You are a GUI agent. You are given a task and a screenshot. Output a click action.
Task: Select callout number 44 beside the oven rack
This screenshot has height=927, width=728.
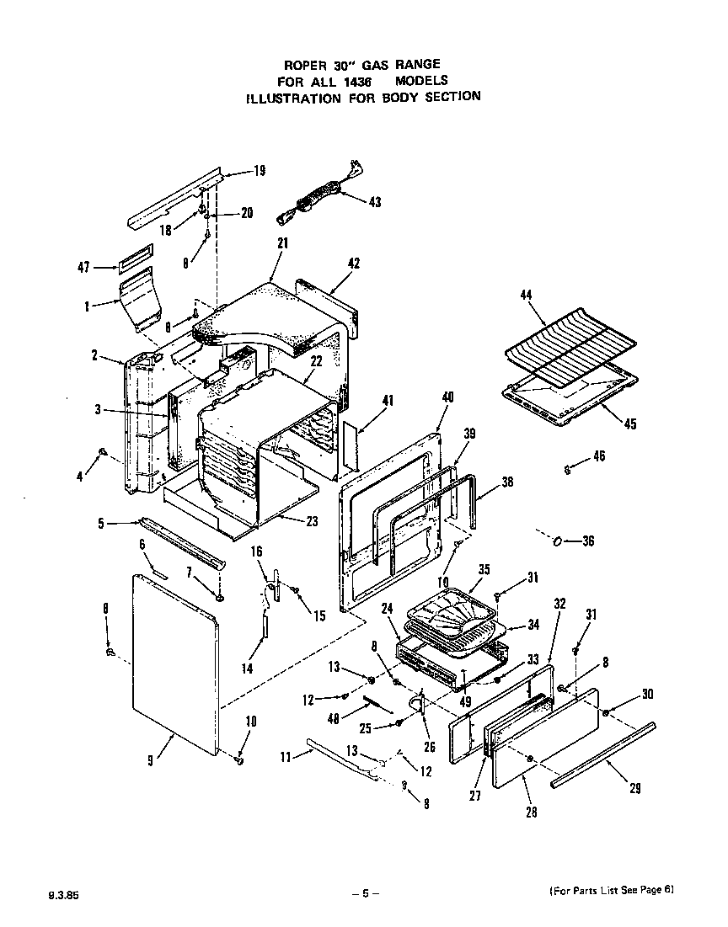526,296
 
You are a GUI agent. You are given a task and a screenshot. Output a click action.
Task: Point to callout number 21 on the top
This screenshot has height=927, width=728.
282,242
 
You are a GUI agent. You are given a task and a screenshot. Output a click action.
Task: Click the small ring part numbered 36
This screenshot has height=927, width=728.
559,541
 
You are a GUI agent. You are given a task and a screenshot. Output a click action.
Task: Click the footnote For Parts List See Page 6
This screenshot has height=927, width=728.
612,890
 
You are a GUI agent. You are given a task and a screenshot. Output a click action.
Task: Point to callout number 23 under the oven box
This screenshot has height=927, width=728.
312,521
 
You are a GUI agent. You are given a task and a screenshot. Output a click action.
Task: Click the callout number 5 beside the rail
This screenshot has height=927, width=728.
101,524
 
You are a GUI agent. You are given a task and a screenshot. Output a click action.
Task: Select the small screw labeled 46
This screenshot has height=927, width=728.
569,470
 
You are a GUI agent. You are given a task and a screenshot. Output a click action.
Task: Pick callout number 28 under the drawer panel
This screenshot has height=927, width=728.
529,812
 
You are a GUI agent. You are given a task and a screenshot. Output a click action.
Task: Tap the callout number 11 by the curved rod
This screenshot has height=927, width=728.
285,757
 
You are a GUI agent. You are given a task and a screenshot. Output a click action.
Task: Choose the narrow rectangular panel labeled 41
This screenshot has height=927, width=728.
350,450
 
